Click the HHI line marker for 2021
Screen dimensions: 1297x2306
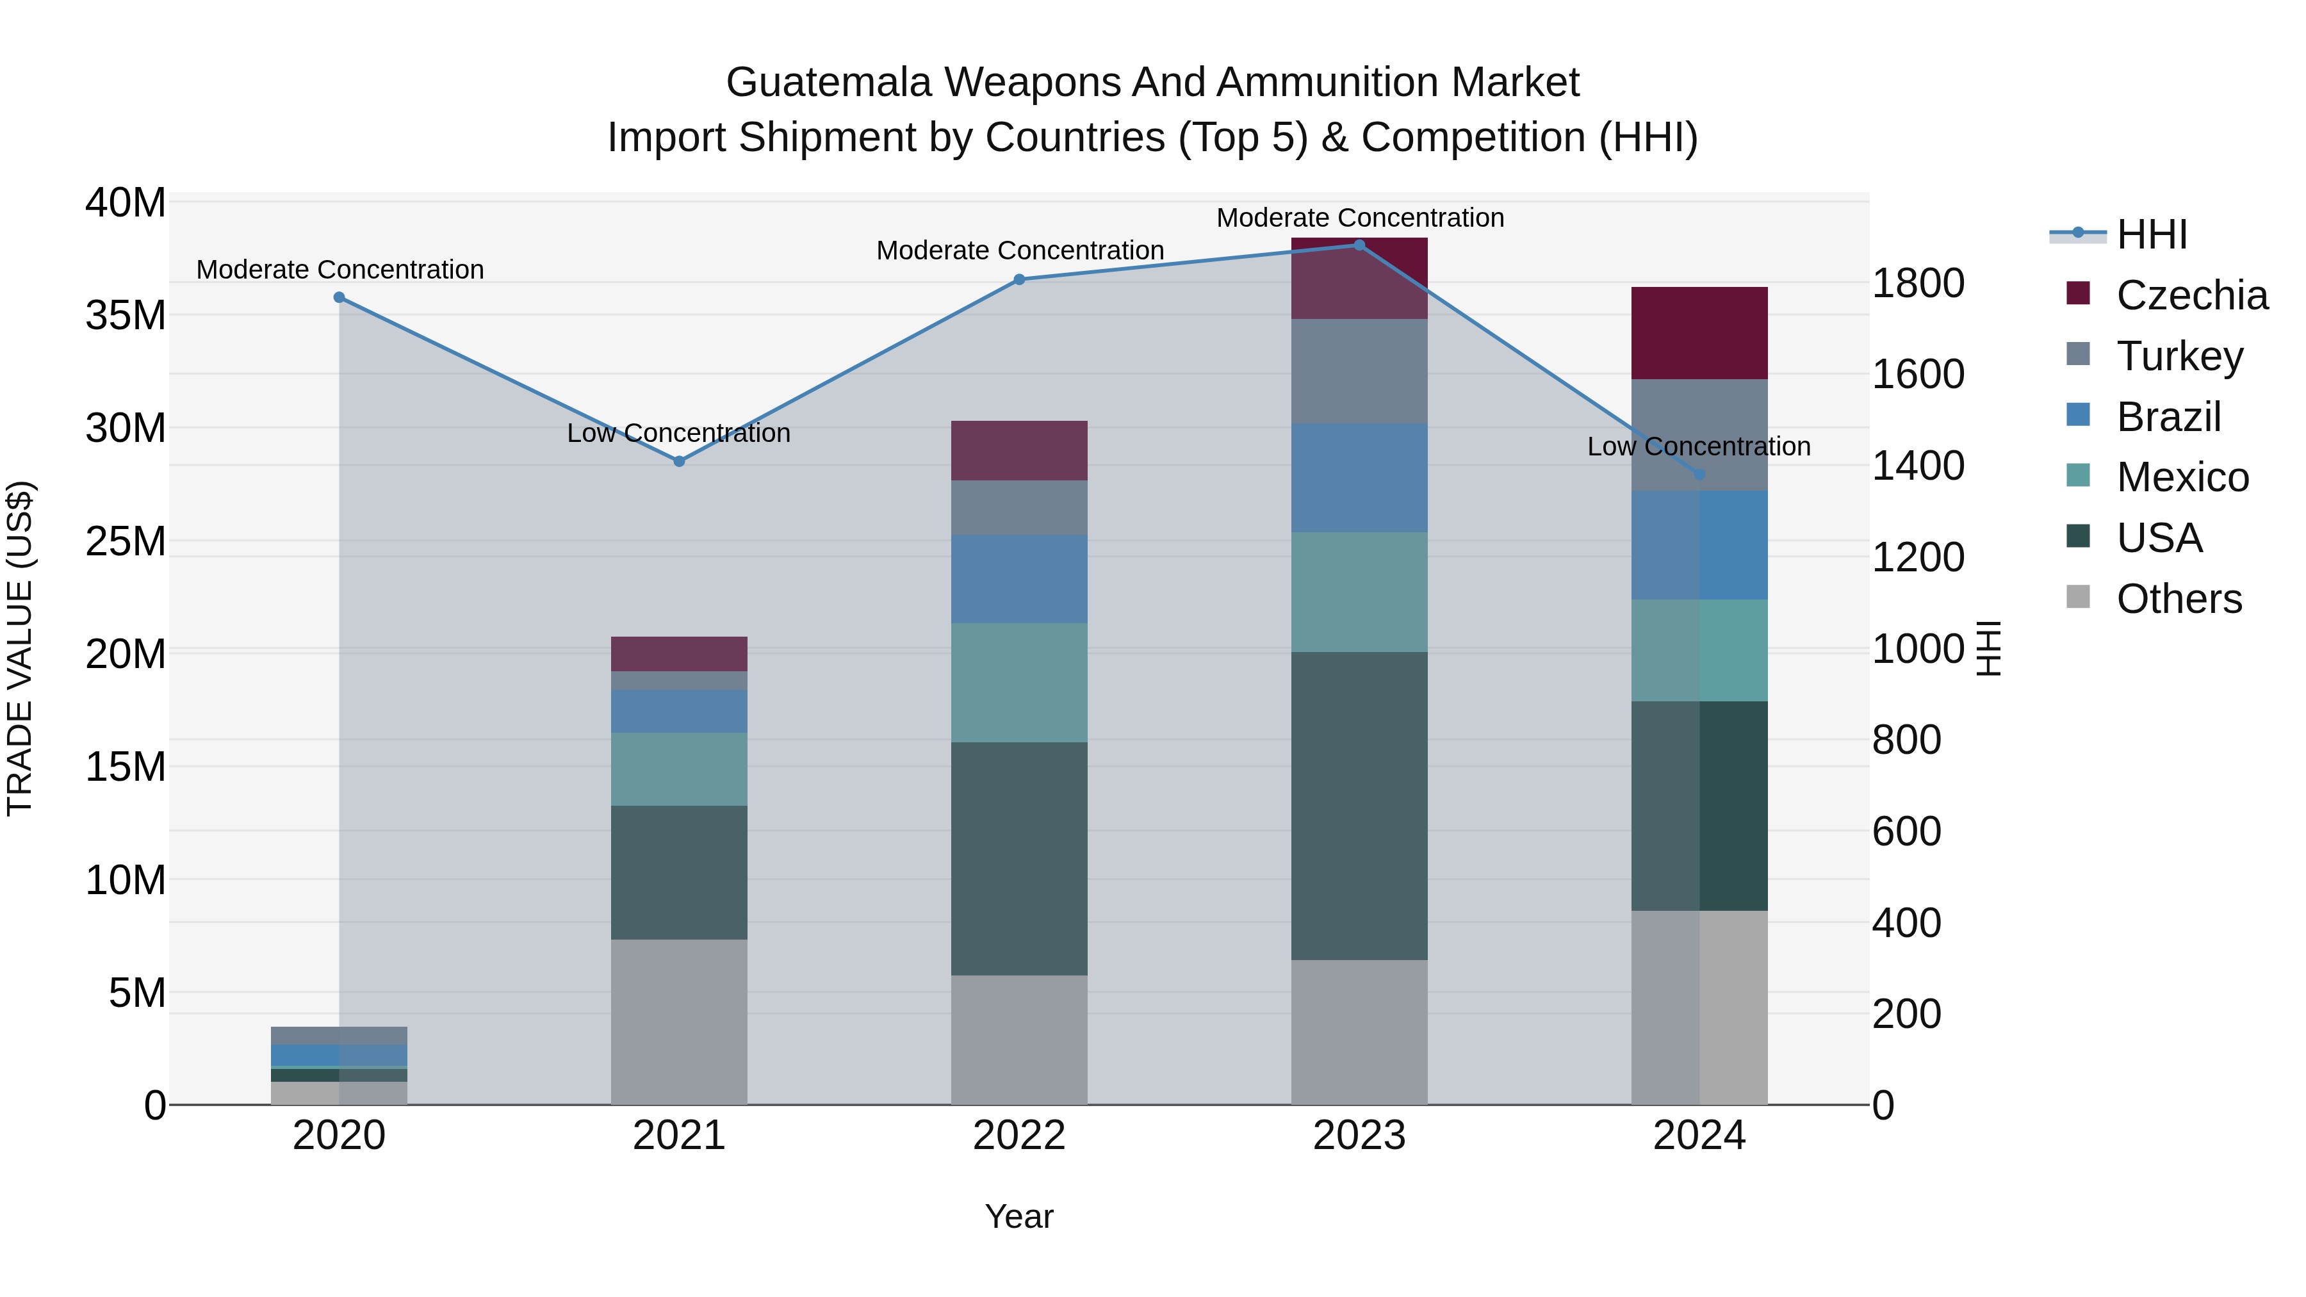point(678,461)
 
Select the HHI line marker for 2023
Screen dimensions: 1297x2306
point(1359,245)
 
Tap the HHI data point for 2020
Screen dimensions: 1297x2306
point(339,297)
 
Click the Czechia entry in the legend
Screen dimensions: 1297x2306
point(2191,295)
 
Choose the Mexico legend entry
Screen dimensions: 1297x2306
point(2182,477)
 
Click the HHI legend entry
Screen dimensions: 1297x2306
point(2151,234)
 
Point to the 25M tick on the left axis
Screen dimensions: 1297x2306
point(126,541)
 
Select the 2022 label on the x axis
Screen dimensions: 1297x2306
point(1018,1136)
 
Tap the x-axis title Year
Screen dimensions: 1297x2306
point(1018,1216)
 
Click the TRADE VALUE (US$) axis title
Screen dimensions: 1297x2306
point(20,648)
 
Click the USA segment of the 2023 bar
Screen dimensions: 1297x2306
point(1359,806)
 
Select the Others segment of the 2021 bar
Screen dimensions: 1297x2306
point(678,1022)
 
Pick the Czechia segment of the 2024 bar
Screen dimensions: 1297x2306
point(1699,333)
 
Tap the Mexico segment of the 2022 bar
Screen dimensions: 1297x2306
point(1018,682)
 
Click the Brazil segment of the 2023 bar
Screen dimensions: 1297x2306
point(1359,478)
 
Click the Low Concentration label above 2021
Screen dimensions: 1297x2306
point(678,433)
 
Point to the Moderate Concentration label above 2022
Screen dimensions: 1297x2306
point(1020,250)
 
